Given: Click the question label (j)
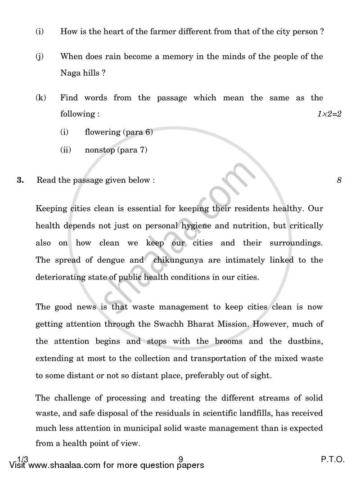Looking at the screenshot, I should coord(40,57).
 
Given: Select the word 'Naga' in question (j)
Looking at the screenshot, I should coord(71,73).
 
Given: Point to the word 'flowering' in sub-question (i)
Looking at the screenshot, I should coord(102,132).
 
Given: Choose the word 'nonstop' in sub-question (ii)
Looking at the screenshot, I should coord(99,150).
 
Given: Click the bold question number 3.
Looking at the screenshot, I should coord(20,180).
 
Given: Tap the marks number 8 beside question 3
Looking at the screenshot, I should coord(339,180).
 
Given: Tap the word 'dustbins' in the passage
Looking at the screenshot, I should coord(302,341).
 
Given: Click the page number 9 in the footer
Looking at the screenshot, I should coord(180,460).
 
